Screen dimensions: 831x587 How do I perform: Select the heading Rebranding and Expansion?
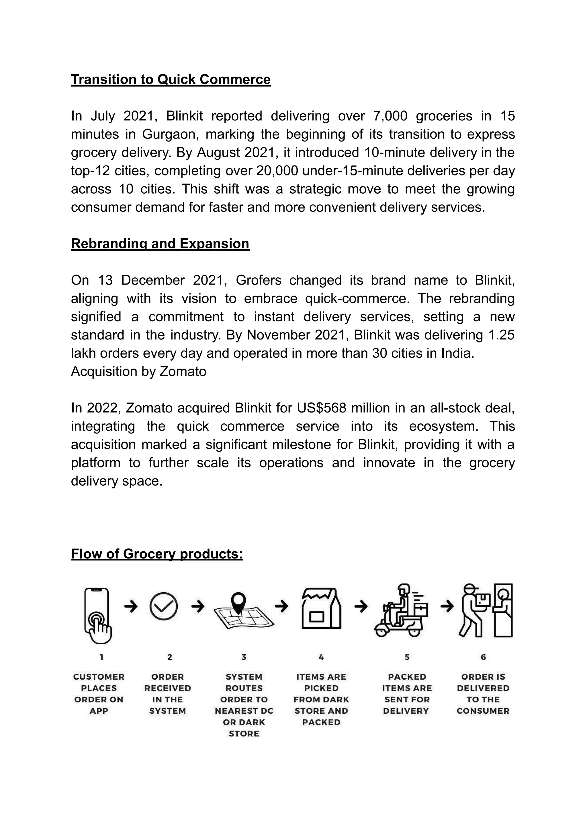[x=160, y=244]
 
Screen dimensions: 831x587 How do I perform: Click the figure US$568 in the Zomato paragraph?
[x=322, y=408]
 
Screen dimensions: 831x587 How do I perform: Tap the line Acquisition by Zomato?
[x=138, y=372]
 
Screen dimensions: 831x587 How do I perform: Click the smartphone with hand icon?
[x=97, y=616]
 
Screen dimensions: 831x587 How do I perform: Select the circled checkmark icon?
[x=163, y=606]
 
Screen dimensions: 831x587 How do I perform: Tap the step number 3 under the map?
[x=244, y=657]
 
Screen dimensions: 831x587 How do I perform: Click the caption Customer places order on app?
[x=98, y=694]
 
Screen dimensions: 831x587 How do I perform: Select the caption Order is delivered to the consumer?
[x=483, y=694]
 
